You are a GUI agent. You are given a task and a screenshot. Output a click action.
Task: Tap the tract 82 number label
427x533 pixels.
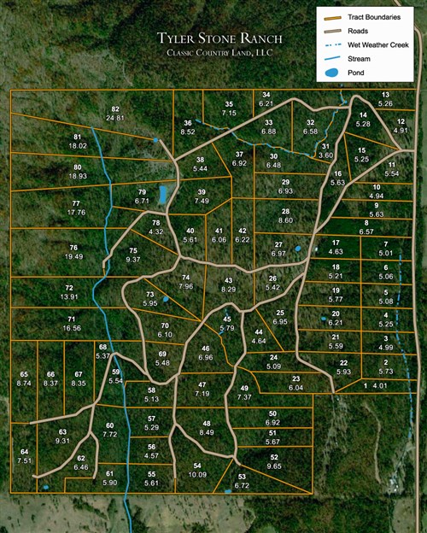(114, 108)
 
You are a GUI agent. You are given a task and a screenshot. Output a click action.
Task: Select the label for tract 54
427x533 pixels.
(197, 465)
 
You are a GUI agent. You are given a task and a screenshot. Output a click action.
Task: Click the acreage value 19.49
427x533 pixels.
(73, 256)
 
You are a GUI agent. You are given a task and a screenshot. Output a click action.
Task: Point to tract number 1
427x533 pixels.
(366, 386)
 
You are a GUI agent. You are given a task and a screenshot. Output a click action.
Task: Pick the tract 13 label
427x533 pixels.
(385, 95)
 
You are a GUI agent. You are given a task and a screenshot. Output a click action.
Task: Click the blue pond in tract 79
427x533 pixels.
(161, 196)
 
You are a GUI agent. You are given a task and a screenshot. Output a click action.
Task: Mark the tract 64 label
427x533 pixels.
(24, 452)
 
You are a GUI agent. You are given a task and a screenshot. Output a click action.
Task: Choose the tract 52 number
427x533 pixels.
(274, 457)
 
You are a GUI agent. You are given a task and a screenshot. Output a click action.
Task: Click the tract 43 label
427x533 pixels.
(228, 280)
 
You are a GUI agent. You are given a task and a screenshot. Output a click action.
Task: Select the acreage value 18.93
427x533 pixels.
(78, 176)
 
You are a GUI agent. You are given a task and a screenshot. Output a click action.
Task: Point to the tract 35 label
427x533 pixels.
(229, 104)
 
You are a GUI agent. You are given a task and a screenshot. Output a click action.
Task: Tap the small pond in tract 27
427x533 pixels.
(297, 249)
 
